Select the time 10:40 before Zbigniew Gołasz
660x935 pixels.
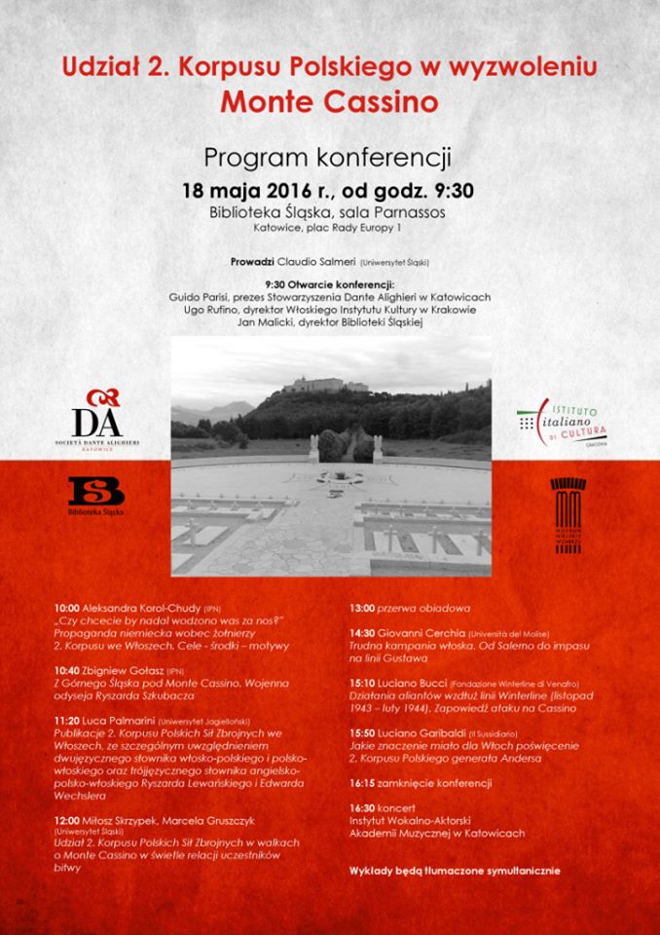tap(67, 672)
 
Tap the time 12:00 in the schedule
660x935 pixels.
tap(67, 819)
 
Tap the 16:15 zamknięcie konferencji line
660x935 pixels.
tap(420, 783)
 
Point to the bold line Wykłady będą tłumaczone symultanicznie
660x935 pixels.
tap(455, 870)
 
